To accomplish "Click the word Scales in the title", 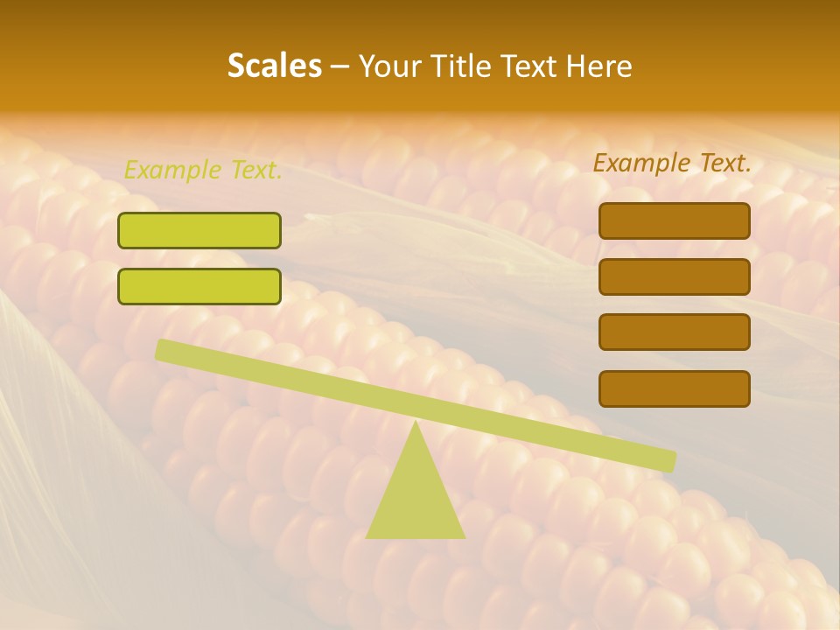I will point(274,66).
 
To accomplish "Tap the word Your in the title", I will point(388,66).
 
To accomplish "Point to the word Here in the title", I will point(600,66).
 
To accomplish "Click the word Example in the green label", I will point(171,170).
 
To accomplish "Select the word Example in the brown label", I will point(640,163).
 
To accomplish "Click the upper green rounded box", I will point(199,230).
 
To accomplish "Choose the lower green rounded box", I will point(199,286).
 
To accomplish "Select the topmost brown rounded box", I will point(674,220).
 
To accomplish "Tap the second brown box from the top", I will point(674,276).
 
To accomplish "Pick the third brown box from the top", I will point(674,332).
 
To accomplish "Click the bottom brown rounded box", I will point(674,388).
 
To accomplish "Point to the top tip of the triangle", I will point(416,423).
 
